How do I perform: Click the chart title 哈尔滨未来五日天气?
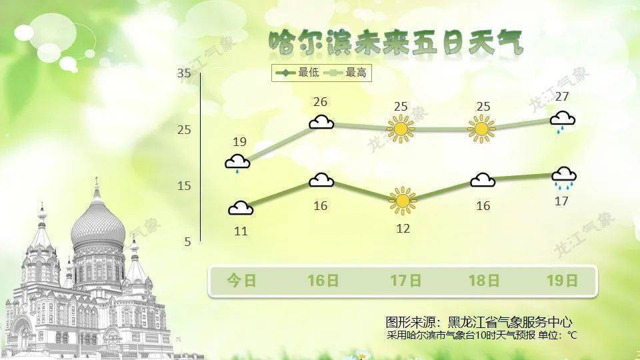click(396, 43)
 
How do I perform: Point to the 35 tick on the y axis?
click(184, 74)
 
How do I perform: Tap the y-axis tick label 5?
click(187, 242)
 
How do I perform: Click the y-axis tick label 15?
click(184, 186)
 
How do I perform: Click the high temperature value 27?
click(561, 97)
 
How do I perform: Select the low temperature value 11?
click(241, 231)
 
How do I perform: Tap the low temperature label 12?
click(402, 228)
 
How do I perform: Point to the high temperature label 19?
click(240, 141)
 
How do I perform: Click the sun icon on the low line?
click(402, 201)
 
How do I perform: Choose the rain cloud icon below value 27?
click(562, 122)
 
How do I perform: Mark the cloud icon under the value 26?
click(321, 122)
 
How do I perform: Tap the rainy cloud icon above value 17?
click(564, 177)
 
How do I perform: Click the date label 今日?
click(241, 281)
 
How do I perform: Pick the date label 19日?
click(561, 281)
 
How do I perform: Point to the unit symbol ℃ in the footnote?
click(572, 335)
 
